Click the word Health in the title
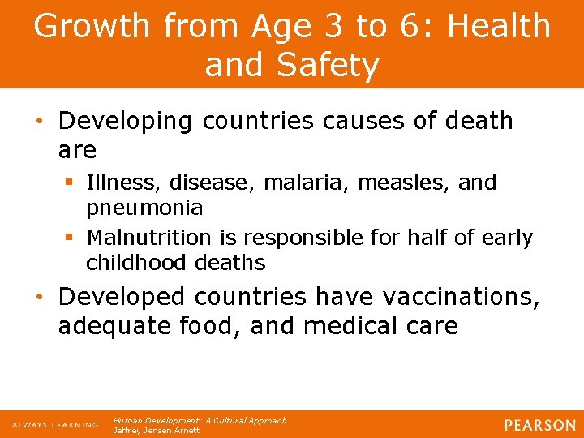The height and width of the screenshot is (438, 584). pos(500,26)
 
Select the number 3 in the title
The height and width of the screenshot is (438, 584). pos(331,26)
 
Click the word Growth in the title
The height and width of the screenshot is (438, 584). pos(92,26)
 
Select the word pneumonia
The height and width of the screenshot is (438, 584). pos(144,208)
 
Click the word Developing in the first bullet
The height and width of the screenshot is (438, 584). pos(126,121)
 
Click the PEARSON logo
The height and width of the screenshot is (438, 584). pos(539,424)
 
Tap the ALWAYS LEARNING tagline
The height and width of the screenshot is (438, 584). pos(55,424)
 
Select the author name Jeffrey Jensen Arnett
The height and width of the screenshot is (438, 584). pos(157,430)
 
